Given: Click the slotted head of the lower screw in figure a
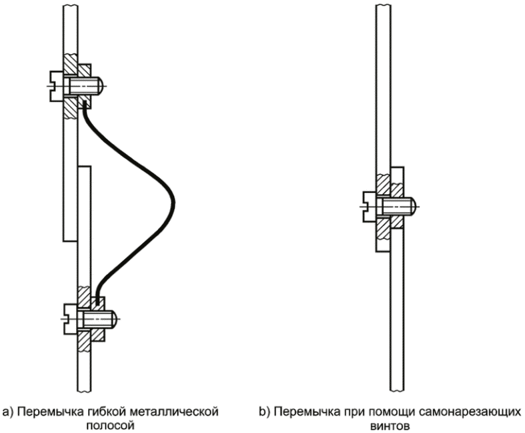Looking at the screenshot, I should [x=71, y=319].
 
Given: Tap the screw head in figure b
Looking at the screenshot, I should [x=369, y=206].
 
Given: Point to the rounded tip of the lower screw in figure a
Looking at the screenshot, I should [x=113, y=319].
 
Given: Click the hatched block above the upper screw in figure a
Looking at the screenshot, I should [x=71, y=65].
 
